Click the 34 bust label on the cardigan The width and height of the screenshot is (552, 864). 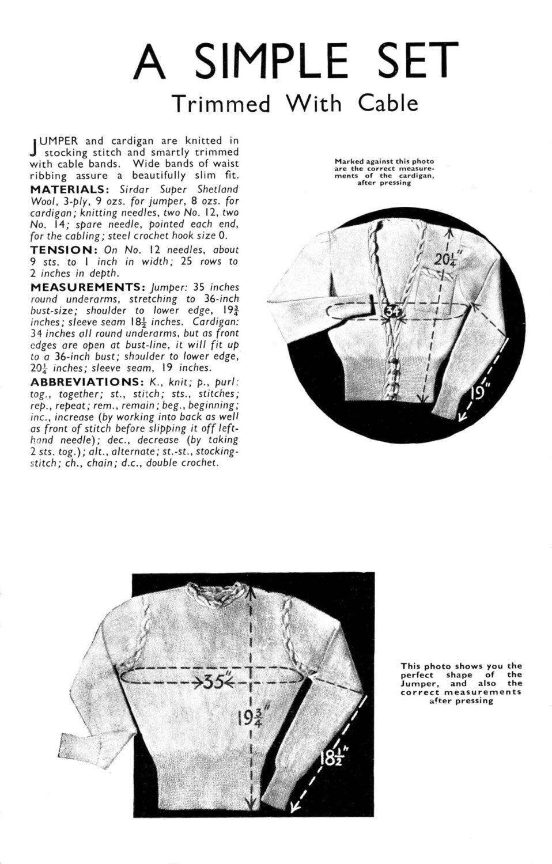[x=391, y=311]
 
